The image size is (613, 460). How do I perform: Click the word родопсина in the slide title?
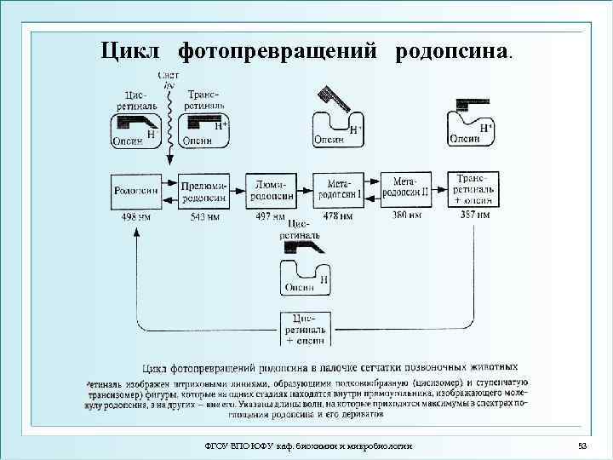pyautogui.click(x=452, y=50)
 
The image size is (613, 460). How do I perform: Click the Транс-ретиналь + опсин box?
pyautogui.click(x=474, y=190)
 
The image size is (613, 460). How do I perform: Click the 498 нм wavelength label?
pyautogui.click(x=135, y=216)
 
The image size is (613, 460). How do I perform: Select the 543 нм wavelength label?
pyautogui.click(x=203, y=216)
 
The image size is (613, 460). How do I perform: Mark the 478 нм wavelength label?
pyautogui.click(x=339, y=216)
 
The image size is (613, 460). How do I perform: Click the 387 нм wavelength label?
pyautogui.click(x=474, y=216)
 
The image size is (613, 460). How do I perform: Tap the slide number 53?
pyautogui.click(x=582, y=446)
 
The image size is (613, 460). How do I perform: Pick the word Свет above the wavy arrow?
pyautogui.click(x=167, y=77)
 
